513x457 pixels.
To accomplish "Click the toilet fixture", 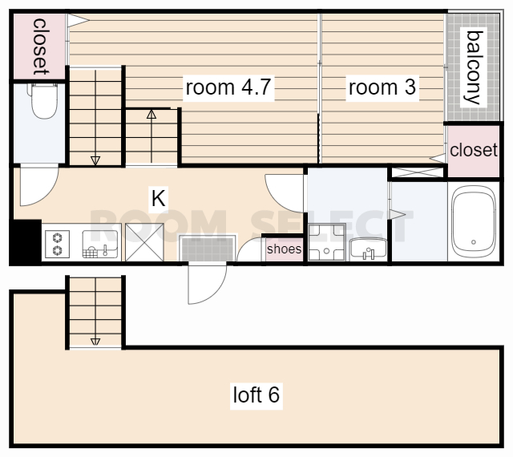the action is click(44, 101).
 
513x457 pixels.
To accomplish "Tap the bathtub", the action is click(474, 222).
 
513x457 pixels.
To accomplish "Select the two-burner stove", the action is click(57, 244).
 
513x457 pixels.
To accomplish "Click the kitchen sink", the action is click(99, 245).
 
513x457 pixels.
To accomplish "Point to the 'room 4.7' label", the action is click(228, 87).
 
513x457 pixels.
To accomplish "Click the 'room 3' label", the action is click(382, 87).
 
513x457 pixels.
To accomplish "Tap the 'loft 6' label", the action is click(256, 394).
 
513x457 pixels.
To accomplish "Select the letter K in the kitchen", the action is click(159, 198).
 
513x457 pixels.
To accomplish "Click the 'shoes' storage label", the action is click(284, 249).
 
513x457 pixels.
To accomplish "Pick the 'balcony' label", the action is click(474, 67).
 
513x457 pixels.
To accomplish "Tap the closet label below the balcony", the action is click(474, 150).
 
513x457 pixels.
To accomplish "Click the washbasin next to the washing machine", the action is click(368, 249).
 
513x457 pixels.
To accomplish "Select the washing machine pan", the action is click(327, 242).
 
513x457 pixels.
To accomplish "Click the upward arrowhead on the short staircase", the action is click(151, 114).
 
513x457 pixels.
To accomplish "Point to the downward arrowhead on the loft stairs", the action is click(95, 342).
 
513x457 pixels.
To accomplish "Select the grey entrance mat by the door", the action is click(207, 249).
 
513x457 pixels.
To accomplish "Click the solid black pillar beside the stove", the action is click(25, 242).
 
